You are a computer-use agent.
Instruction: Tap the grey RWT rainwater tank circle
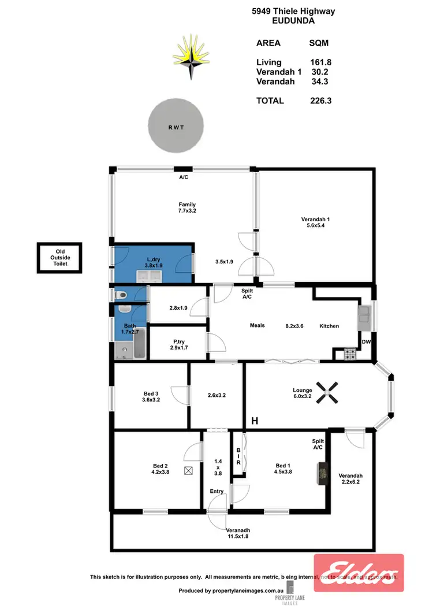click(176, 127)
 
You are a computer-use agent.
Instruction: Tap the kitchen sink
click(365, 316)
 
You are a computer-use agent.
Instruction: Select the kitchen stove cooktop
click(349, 355)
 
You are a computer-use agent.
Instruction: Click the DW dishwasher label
click(365, 343)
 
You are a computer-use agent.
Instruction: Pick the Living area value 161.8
click(320, 62)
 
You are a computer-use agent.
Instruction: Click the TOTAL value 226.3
click(320, 101)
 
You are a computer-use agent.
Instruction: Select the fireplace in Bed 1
click(322, 473)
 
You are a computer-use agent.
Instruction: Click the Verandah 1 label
click(316, 222)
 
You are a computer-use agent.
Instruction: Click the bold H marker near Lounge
click(254, 421)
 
